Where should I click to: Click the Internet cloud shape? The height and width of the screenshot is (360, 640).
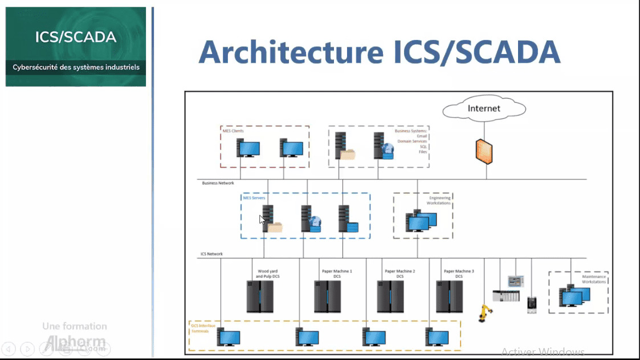[483, 108]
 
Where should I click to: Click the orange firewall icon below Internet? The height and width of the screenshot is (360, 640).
[484, 151]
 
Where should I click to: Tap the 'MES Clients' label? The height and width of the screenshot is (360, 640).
[233, 131]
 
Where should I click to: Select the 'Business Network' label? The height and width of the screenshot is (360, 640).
[218, 183]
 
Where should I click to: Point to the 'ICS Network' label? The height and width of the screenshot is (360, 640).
[211, 254]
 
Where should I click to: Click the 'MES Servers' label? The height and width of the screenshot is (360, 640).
[254, 198]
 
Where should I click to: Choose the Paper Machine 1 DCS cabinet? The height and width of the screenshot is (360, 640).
[327, 296]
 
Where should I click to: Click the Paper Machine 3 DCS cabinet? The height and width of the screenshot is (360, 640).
[449, 296]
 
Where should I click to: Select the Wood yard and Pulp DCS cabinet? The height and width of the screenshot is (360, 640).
[260, 296]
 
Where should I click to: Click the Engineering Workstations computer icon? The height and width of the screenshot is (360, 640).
[421, 222]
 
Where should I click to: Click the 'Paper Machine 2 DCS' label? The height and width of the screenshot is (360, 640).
[400, 274]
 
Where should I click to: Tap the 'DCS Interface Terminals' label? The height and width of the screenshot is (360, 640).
[200, 328]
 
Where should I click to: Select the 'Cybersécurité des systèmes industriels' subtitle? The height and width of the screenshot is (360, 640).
[76, 67]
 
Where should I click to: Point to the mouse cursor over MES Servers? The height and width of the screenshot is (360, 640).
[262, 219]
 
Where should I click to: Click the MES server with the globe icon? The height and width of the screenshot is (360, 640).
[311, 219]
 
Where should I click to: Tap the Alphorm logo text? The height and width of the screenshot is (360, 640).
[75, 342]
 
